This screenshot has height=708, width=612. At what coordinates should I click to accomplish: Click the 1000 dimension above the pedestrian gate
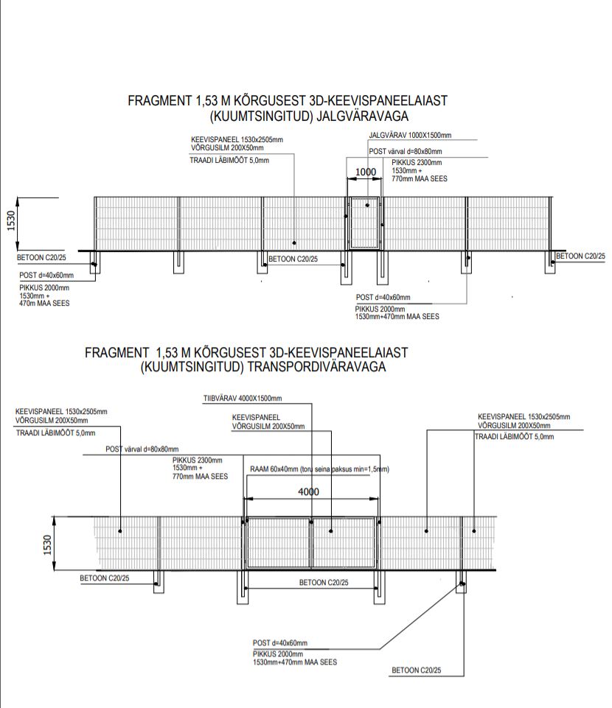(365, 172)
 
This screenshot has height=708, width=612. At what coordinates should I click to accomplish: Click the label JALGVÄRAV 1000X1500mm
(410, 136)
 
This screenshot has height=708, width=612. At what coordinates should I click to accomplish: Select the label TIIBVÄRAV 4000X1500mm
(242, 399)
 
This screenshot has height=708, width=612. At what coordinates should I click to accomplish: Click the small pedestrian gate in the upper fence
(364, 222)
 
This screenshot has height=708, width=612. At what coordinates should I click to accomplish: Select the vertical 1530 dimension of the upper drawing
(13, 220)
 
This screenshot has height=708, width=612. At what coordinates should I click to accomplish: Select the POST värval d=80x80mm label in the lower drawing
(142, 449)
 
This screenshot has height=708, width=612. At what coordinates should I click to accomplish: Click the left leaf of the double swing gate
(278, 542)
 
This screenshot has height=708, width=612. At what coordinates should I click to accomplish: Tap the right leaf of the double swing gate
(344, 542)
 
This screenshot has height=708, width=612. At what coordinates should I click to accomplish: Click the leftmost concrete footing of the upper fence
(94, 263)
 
